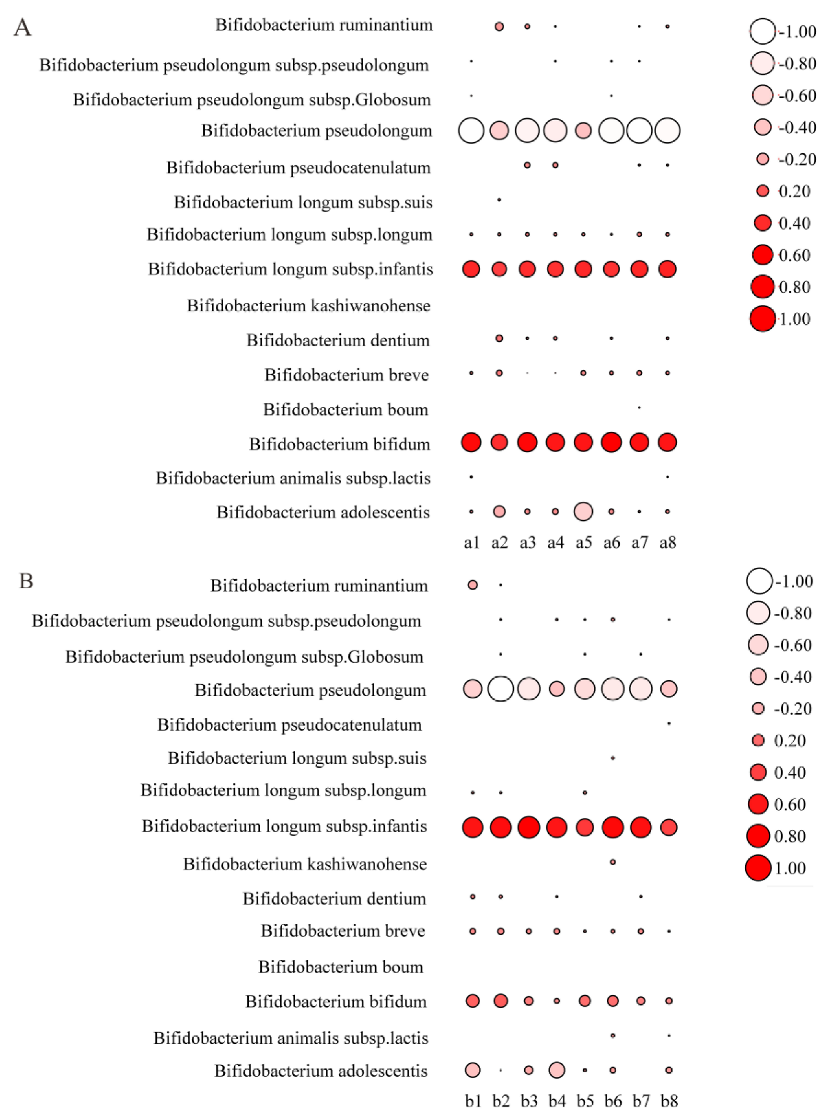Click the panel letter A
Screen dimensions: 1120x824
pos(22,28)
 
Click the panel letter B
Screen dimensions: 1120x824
pos(26,581)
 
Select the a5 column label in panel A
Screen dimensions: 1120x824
pos(584,542)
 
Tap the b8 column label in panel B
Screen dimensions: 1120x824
pos(669,1102)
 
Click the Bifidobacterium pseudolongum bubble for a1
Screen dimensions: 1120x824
pos(471,131)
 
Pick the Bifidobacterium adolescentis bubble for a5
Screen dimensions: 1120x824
pos(583,512)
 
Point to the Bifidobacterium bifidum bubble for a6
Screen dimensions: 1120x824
pos(611,442)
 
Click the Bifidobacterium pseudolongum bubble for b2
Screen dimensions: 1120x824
pos(500,689)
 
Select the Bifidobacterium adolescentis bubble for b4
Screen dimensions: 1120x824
pos(557,1070)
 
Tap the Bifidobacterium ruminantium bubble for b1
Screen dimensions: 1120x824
pos(473,585)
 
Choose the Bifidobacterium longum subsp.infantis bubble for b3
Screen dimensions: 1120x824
pos(528,828)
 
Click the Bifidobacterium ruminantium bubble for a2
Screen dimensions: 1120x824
pos(499,26)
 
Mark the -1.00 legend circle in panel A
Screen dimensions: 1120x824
pos(762,31)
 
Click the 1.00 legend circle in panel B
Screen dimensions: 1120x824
pos(758,868)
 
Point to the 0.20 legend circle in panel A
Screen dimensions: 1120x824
pos(763,191)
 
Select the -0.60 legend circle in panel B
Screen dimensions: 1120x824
pos(758,645)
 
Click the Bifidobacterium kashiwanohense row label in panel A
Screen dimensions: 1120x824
pos(308,306)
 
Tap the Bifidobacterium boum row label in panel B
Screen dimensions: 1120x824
pos(340,967)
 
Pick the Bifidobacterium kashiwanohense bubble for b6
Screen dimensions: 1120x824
pos(612,862)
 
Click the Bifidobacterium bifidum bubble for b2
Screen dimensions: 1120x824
pos(500,1001)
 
